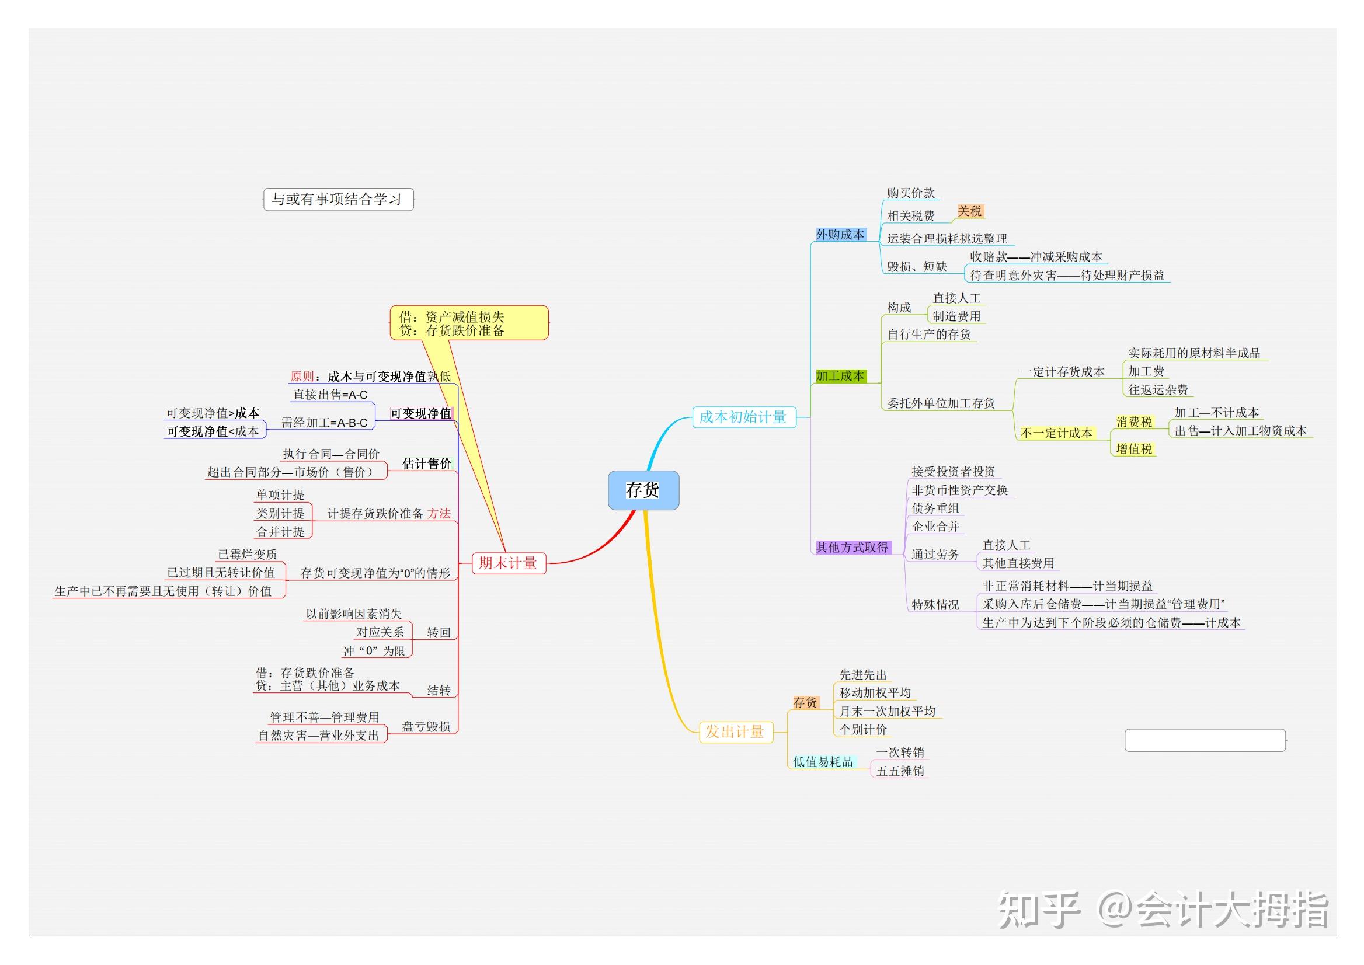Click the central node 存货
point(642,490)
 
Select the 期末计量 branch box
point(508,562)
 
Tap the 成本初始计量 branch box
point(743,417)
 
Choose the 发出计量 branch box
point(735,731)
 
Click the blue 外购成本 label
point(840,234)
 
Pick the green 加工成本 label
point(840,375)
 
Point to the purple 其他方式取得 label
point(852,546)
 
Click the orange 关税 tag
point(970,211)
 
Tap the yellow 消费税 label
point(1134,422)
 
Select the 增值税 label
point(1134,448)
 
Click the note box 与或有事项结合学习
point(337,199)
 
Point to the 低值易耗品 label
point(823,761)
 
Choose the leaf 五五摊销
point(900,771)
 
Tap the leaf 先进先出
point(863,674)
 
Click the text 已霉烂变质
point(247,555)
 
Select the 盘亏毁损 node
point(426,726)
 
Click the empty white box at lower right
point(1205,740)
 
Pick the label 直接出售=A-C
point(330,395)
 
